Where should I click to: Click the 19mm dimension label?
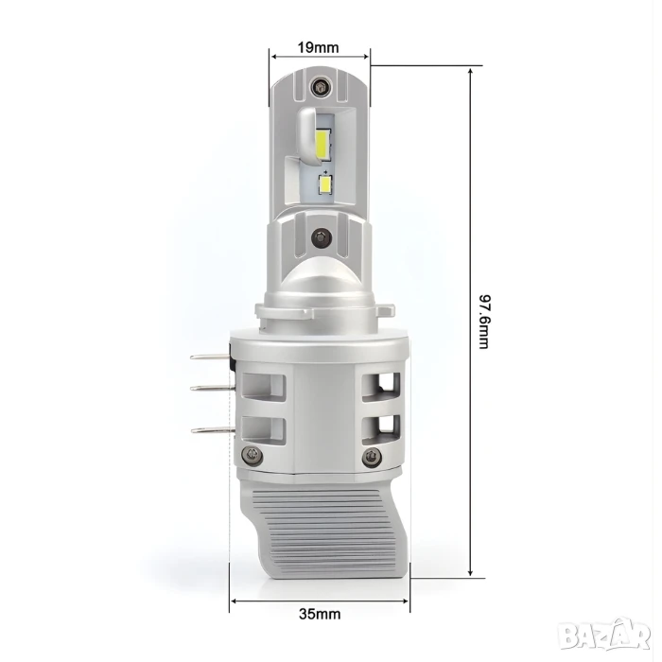318,47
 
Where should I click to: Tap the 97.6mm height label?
484,322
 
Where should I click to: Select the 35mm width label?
320,614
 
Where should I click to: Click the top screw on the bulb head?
320,87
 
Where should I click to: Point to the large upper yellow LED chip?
325,145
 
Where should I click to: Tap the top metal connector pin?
210,357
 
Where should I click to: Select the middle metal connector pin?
211,387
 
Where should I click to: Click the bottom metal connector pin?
213,429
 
